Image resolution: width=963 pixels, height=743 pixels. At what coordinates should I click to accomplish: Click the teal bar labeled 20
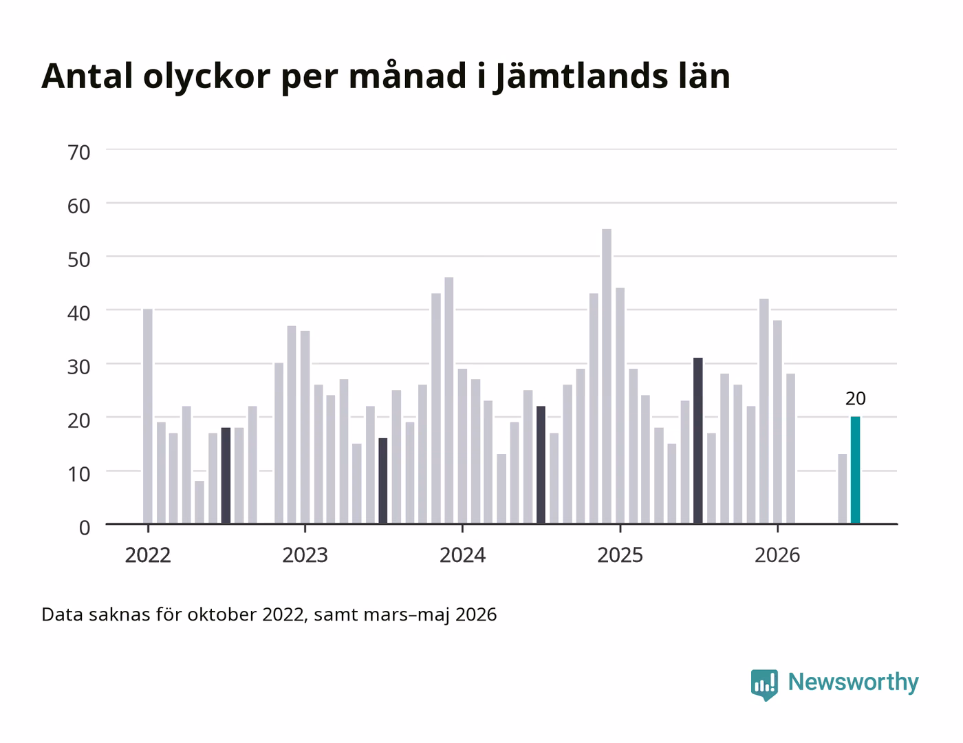pyautogui.click(x=855, y=470)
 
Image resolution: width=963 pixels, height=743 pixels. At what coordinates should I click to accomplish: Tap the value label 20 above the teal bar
pyautogui.click(x=855, y=399)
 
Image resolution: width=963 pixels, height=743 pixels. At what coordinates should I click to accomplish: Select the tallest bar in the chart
pyautogui.click(x=607, y=376)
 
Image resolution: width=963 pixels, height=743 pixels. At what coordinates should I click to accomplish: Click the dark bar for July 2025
pyautogui.click(x=698, y=440)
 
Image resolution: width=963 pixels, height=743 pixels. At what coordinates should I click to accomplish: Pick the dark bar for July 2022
pyautogui.click(x=226, y=475)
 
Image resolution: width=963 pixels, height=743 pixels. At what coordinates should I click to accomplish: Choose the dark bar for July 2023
pyautogui.click(x=383, y=481)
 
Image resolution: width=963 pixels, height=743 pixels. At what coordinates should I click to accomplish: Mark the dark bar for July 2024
pyautogui.click(x=541, y=465)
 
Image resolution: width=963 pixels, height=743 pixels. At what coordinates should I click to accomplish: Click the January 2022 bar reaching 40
pyautogui.click(x=148, y=416)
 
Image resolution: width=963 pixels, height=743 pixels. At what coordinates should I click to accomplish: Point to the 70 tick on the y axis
pyautogui.click(x=79, y=153)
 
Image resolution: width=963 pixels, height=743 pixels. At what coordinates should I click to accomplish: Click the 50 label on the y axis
pyautogui.click(x=79, y=259)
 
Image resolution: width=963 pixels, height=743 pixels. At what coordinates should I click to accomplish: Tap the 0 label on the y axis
pyautogui.click(x=85, y=528)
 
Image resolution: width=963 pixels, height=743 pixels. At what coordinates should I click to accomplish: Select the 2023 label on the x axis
pyautogui.click(x=305, y=555)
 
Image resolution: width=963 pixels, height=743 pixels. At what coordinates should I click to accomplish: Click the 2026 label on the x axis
pyautogui.click(x=777, y=555)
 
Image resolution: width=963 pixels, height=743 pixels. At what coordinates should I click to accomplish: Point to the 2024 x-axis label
pyautogui.click(x=462, y=555)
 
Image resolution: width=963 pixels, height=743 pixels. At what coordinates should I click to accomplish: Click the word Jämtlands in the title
pyautogui.click(x=581, y=77)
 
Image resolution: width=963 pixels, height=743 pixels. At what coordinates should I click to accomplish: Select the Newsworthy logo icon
pyautogui.click(x=764, y=685)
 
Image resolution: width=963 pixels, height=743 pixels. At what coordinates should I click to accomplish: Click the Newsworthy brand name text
pyautogui.click(x=853, y=682)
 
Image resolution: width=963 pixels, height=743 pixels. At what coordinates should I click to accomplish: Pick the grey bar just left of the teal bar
pyautogui.click(x=842, y=488)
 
